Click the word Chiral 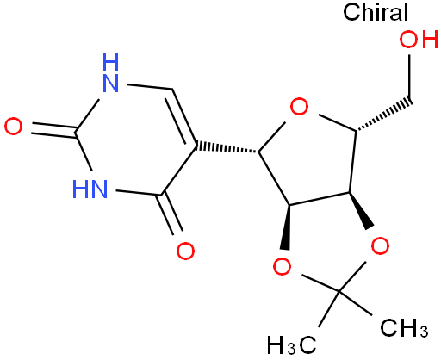[x=376, y=12]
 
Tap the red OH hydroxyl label [x=419, y=40]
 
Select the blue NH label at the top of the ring [x=110, y=73]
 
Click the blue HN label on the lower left [x=90, y=189]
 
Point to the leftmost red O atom [x=13, y=127]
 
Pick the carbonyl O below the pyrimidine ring [x=185, y=251]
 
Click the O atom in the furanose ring [x=299, y=107]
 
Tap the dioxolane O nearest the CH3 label [x=380, y=245]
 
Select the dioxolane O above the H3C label [x=282, y=266]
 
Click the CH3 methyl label [x=404, y=328]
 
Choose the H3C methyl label [x=292, y=344]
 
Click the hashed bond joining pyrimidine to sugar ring [x=227, y=147]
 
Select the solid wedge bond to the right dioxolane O [x=361, y=211]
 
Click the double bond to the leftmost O [x=54, y=130]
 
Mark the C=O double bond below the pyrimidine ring [x=171, y=214]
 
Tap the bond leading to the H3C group [x=329, y=309]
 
